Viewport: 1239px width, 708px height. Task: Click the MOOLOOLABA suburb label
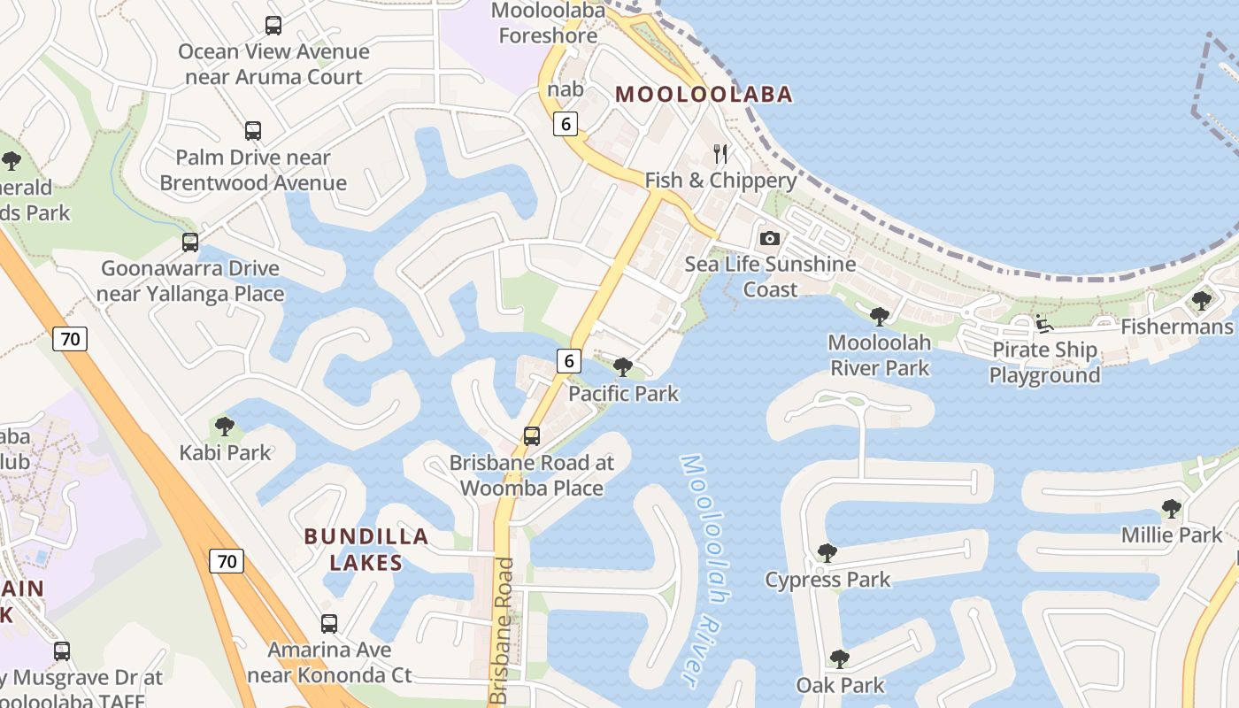click(704, 94)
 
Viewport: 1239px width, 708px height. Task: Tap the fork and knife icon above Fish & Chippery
click(720, 154)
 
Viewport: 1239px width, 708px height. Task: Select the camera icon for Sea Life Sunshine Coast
click(770, 238)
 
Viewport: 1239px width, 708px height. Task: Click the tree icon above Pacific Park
click(623, 366)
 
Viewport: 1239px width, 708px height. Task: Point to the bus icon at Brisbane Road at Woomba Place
click(531, 435)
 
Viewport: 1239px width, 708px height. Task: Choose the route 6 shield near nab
click(566, 124)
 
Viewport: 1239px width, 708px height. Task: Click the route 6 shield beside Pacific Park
click(568, 360)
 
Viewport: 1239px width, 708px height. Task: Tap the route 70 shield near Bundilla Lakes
click(227, 560)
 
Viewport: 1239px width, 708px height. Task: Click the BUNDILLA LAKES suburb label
click(366, 549)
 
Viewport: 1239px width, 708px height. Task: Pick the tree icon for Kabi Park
click(225, 426)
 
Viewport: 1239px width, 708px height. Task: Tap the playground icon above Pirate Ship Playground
click(1044, 323)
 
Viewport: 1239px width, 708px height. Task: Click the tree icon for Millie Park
click(1171, 509)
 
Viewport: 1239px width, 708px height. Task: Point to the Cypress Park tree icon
click(827, 553)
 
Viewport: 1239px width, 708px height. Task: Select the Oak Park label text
click(840, 685)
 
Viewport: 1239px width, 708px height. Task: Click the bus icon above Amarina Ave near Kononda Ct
click(329, 623)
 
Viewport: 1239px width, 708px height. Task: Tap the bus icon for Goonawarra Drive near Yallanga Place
click(190, 242)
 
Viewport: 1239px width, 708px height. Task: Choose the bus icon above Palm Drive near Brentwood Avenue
click(253, 131)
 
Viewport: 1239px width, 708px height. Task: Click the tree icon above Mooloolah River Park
click(879, 316)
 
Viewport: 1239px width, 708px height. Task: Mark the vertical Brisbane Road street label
click(503, 630)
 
